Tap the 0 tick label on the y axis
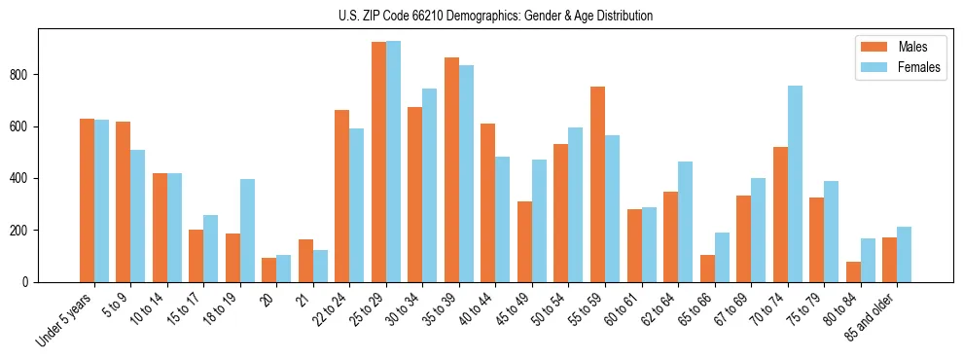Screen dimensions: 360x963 (x=32, y=282)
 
